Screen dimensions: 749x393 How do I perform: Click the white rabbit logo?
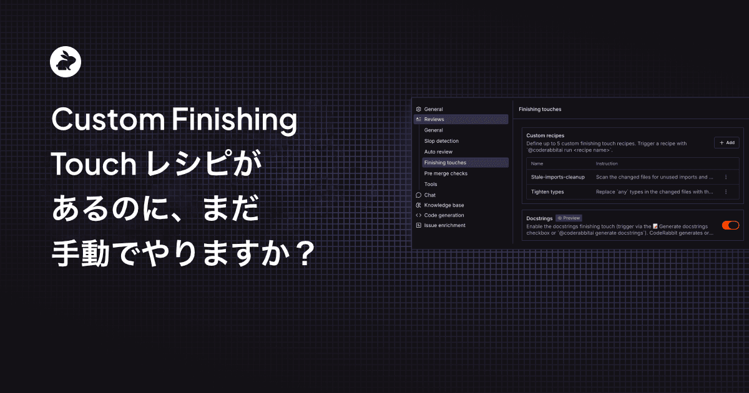pyautogui.click(x=66, y=62)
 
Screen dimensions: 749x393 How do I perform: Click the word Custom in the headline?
pyautogui.click(x=108, y=119)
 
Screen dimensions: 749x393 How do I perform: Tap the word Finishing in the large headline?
pyautogui.click(x=235, y=120)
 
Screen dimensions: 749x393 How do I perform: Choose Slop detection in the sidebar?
pyautogui.click(x=441, y=141)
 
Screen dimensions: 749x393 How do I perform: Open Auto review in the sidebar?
pyautogui.click(x=438, y=152)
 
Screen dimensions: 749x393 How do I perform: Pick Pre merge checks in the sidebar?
pyautogui.click(x=446, y=173)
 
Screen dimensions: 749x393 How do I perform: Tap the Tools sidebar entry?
pyautogui.click(x=431, y=184)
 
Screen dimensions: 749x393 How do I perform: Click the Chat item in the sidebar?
pyautogui.click(x=429, y=195)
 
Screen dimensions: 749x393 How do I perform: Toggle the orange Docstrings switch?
pyautogui.click(x=730, y=225)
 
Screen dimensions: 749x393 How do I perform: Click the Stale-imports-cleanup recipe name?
pyautogui.click(x=558, y=177)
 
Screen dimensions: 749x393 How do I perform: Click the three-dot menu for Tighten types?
pyautogui.click(x=726, y=192)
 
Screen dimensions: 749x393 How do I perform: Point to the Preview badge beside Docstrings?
pyautogui.click(x=569, y=218)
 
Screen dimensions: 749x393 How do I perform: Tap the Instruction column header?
pyautogui.click(x=607, y=163)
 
